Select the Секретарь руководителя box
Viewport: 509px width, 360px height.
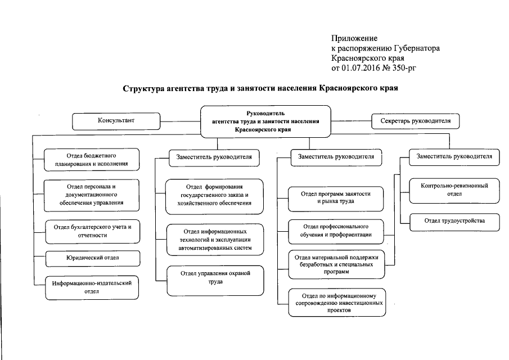415,121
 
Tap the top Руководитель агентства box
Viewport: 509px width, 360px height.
267,121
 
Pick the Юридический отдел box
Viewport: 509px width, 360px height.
92,258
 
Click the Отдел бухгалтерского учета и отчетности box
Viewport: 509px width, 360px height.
92,231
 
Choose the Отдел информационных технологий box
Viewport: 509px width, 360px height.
214,239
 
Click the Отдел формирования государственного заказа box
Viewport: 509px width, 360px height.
214,194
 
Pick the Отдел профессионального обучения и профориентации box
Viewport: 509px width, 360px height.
335,230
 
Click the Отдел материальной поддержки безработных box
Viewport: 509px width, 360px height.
335,263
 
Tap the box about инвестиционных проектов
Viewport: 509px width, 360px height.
335,303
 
